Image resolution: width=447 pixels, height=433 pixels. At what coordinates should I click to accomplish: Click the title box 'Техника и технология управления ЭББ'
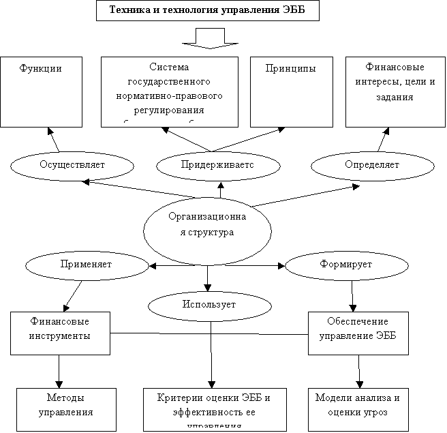pyautogui.click(x=207, y=10)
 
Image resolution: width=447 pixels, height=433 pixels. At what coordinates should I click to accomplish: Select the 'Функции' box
pyautogui.click(x=42, y=92)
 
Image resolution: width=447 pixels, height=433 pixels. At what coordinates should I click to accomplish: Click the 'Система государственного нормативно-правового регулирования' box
pyautogui.click(x=169, y=91)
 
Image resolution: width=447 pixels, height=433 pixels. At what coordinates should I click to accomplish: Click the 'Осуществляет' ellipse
pyautogui.click(x=72, y=164)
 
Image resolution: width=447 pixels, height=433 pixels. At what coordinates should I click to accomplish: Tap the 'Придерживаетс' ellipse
pyautogui.click(x=218, y=164)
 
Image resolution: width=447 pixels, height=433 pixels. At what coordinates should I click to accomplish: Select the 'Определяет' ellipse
pyautogui.click(x=372, y=164)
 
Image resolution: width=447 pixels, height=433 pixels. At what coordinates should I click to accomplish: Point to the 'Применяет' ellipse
pyautogui.click(x=86, y=264)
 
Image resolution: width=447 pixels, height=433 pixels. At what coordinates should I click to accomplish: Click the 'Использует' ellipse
pyautogui.click(x=209, y=304)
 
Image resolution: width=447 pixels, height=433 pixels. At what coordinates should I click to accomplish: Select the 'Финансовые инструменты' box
pyautogui.click(x=60, y=333)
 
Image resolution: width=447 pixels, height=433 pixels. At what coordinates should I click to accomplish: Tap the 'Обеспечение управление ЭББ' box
pyautogui.click(x=358, y=333)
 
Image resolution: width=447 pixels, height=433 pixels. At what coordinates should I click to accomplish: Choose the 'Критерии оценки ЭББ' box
pyautogui.click(x=214, y=409)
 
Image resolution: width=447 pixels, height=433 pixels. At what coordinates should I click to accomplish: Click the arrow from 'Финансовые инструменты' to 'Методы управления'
pyautogui.click(x=59, y=372)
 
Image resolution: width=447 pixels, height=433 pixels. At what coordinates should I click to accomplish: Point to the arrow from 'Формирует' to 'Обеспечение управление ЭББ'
pyautogui.click(x=352, y=295)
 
